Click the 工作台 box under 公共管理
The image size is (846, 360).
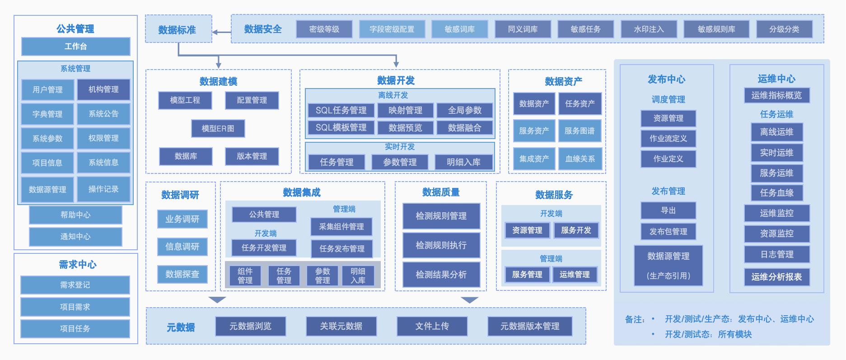[x=75, y=47]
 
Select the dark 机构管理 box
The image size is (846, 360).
[x=103, y=89]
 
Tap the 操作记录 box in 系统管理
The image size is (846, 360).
[x=103, y=189]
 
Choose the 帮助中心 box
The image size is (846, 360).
[x=75, y=215]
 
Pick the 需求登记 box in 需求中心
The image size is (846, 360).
[x=75, y=285]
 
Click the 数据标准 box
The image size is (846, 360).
[x=178, y=30]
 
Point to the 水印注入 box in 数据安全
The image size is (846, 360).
[x=649, y=29]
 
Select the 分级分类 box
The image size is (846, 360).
[x=784, y=29]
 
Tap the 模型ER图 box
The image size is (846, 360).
[x=218, y=128]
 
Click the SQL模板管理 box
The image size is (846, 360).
[x=341, y=128]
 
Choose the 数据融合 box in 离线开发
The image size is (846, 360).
[x=464, y=128]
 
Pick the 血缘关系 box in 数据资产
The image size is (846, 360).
[x=580, y=159]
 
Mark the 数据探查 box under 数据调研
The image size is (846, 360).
[x=182, y=274]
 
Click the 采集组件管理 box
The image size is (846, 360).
[x=341, y=227]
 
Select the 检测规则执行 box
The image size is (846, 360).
[x=441, y=245]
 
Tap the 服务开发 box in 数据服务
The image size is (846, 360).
[x=576, y=230]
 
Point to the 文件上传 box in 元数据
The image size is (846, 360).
[x=432, y=326]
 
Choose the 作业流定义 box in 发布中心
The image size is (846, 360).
[x=668, y=139]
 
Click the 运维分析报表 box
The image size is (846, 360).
[x=776, y=277]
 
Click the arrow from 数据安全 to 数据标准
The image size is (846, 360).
[x=221, y=32]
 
